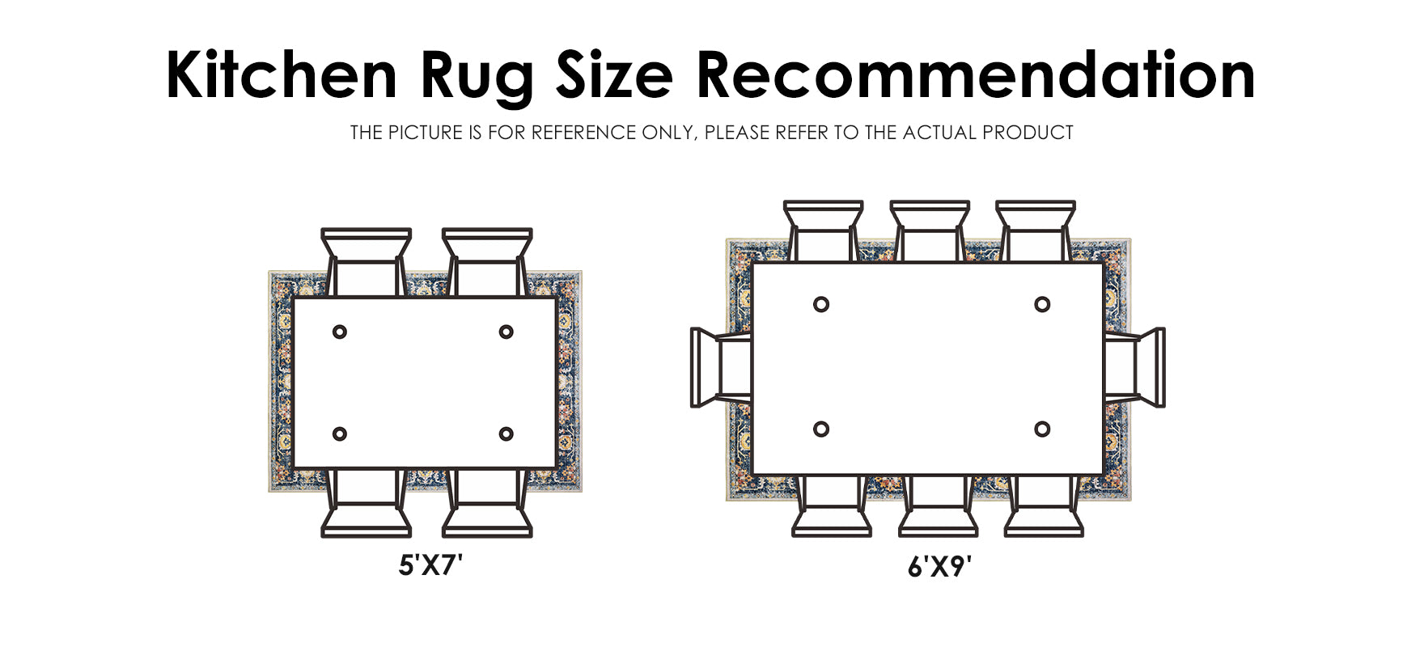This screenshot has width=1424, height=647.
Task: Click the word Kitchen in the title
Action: coord(281,75)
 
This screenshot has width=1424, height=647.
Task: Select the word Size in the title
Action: coord(614,75)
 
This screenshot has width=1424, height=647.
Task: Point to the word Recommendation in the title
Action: coord(974,75)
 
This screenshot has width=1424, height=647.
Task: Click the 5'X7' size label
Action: coord(430,565)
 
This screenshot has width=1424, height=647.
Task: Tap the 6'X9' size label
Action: coord(939,568)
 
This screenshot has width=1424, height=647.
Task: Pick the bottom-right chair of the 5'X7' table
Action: coord(487,505)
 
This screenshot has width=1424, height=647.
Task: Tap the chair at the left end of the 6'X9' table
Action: coord(720,367)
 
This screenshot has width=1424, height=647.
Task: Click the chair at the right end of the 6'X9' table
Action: coord(1136,367)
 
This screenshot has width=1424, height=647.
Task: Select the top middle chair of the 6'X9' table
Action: coord(930,230)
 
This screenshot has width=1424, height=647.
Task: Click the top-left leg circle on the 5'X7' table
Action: coord(340,332)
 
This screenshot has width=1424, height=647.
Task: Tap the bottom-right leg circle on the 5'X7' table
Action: coord(506,434)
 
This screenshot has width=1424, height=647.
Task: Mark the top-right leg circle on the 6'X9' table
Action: coord(1042,304)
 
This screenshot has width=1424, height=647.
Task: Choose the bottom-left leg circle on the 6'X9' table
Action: coord(821,429)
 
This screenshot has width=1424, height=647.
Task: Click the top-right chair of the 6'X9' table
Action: coord(1036,230)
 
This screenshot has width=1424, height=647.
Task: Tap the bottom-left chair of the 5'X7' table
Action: coord(367,505)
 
